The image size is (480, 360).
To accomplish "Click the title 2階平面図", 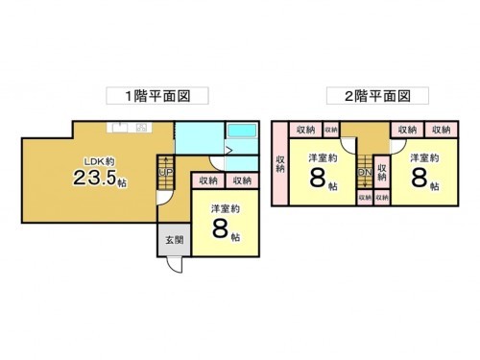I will [371, 96].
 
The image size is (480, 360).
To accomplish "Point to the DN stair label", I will [365, 173].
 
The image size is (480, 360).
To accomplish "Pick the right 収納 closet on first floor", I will [240, 180].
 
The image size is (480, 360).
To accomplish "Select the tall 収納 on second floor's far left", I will [280, 163].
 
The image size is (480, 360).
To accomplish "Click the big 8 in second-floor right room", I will [420, 180].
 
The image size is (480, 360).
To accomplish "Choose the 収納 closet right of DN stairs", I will [382, 172].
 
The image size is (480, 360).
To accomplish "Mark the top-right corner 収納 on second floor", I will [441, 130].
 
